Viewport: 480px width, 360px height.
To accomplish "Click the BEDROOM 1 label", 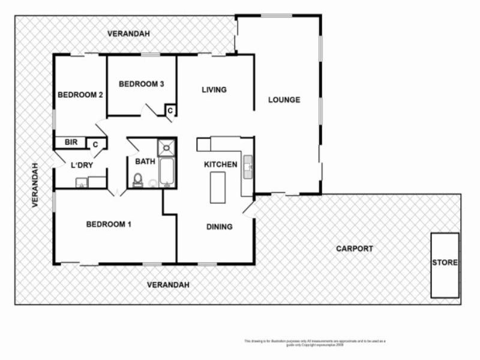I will pyautogui.click(x=109, y=224).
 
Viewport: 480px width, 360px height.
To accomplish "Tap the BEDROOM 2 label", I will pyautogui.click(x=80, y=95).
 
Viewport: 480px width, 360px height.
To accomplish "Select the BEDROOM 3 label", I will pyautogui.click(x=142, y=84).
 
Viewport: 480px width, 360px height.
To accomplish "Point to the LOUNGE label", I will pyautogui.click(x=284, y=100).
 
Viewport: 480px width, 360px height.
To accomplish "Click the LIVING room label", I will pyautogui.click(x=214, y=90).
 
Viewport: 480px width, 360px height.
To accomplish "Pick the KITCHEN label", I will pyautogui.click(x=220, y=164).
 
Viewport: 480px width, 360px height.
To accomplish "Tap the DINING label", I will pyautogui.click(x=220, y=227).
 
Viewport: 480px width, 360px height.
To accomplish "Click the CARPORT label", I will pyautogui.click(x=354, y=248).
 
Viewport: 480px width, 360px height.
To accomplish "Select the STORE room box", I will pyautogui.click(x=445, y=264).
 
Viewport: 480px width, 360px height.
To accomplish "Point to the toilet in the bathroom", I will pyautogui.click(x=138, y=180).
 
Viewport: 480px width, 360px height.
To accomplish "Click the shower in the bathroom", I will pyautogui.click(x=166, y=147).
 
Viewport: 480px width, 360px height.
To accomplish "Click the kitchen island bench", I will pyautogui.click(x=217, y=187).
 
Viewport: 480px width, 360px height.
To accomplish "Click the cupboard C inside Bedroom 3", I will pyautogui.click(x=170, y=110).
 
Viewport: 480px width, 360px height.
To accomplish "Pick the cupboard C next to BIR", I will pyautogui.click(x=95, y=144).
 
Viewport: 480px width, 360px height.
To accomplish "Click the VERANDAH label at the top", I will pyautogui.click(x=128, y=34).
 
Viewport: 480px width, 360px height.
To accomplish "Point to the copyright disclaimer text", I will pyautogui.click(x=315, y=343).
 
